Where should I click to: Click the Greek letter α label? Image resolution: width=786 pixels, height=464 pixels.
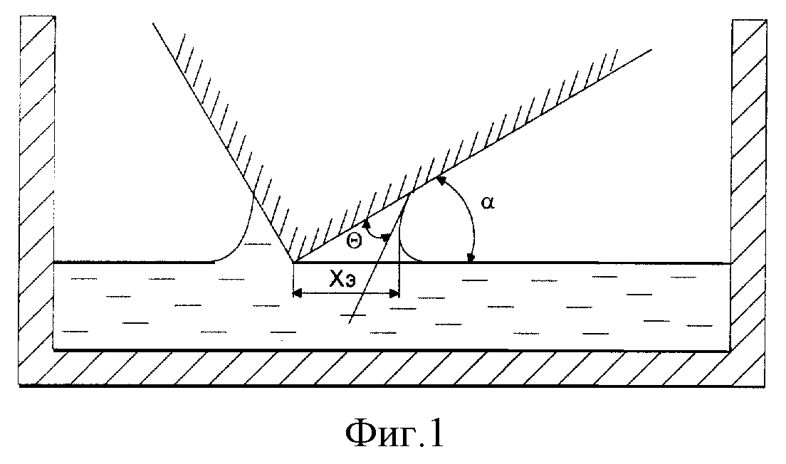tap(487, 203)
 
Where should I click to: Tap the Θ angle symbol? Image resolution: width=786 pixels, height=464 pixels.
tap(354, 242)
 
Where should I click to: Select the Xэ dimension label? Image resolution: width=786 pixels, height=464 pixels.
tap(342, 280)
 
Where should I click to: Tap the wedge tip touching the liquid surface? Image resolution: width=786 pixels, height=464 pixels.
tap(293, 262)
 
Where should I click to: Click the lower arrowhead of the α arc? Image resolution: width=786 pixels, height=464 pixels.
tap(470, 258)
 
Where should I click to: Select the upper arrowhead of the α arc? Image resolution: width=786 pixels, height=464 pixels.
tap(441, 181)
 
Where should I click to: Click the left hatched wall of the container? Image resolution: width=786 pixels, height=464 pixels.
tap(36, 201)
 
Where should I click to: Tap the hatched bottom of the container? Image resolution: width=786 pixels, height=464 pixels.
tap(392, 369)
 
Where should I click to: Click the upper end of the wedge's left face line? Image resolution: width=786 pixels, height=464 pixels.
tap(153, 23)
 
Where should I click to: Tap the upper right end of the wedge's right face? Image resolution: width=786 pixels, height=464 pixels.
tap(651, 50)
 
